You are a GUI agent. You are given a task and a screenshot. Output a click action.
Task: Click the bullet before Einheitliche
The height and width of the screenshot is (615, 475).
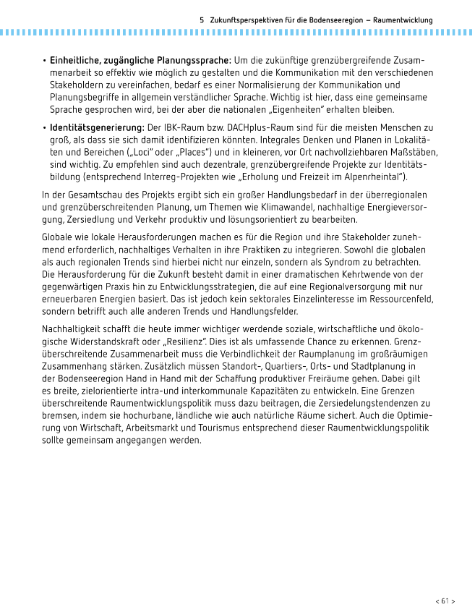tap(44, 60)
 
